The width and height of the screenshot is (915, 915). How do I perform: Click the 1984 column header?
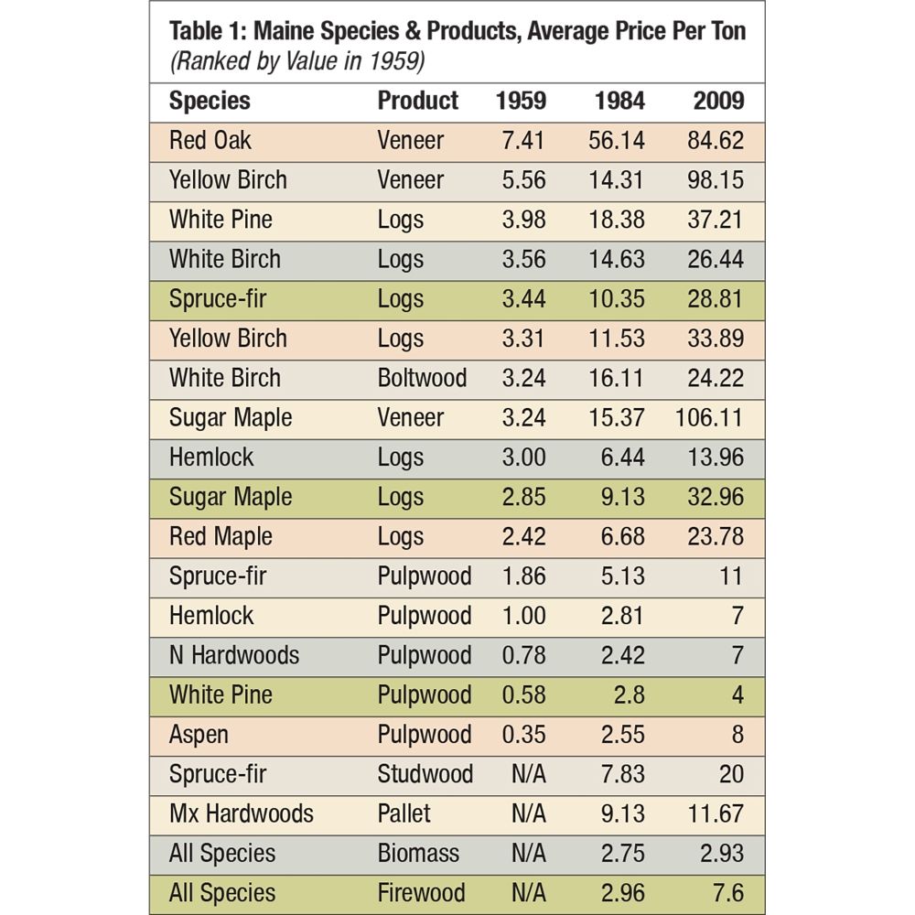click(619, 101)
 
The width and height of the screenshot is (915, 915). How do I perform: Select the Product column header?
click(417, 101)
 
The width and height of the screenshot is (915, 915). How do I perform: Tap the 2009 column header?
click(718, 101)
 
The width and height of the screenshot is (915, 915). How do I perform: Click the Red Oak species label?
click(210, 140)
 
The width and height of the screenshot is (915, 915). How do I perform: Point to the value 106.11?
click(710, 417)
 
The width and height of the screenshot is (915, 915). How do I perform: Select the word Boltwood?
click(422, 378)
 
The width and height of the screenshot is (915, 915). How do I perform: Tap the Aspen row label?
click(199, 735)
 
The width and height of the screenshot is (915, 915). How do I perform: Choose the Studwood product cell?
click(425, 774)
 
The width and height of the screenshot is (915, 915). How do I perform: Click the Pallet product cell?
click(404, 813)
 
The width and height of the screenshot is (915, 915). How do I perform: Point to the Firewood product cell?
click(421, 893)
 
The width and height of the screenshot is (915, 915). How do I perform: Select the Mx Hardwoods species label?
click(241, 813)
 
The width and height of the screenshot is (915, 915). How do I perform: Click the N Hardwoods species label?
click(233, 655)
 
